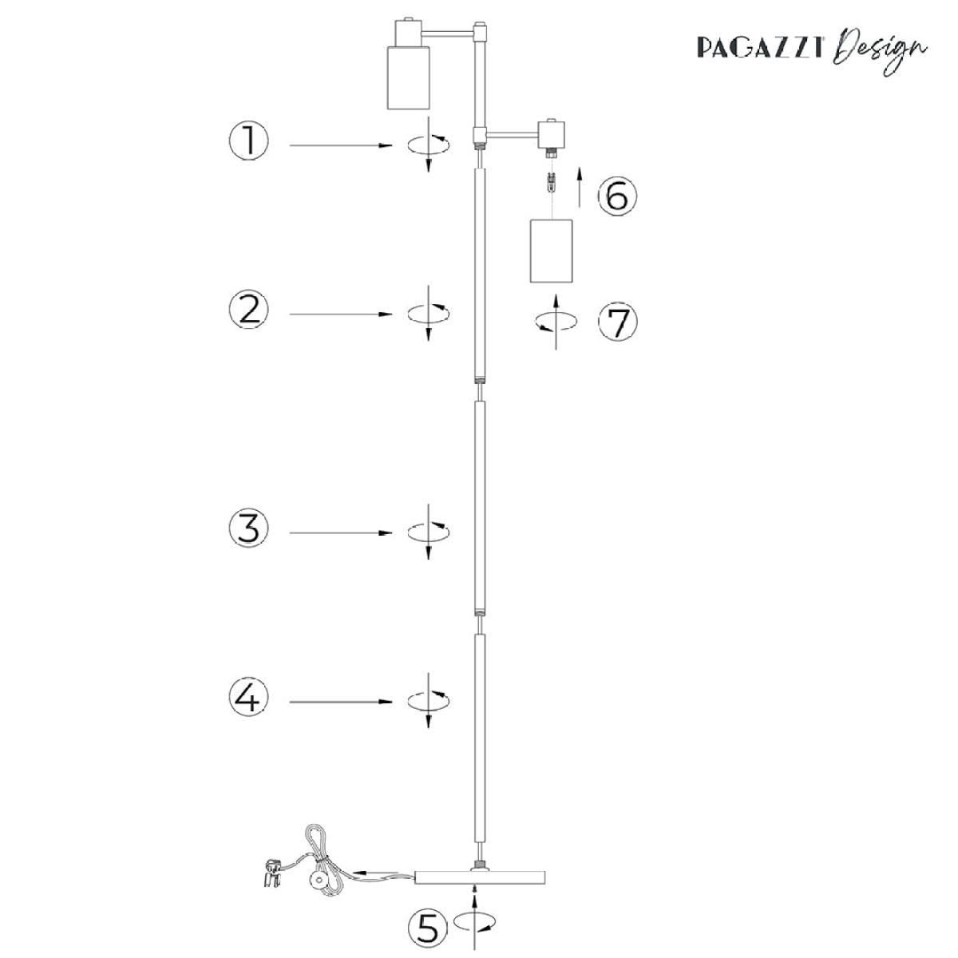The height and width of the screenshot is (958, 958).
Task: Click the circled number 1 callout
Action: [248, 141]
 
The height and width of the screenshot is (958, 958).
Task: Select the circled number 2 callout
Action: [248, 309]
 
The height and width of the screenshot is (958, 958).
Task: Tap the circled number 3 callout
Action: [248, 528]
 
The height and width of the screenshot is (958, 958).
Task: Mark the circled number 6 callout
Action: [617, 196]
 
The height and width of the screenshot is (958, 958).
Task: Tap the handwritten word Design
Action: [879, 51]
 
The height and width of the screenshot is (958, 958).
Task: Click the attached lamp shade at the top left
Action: [408, 77]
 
